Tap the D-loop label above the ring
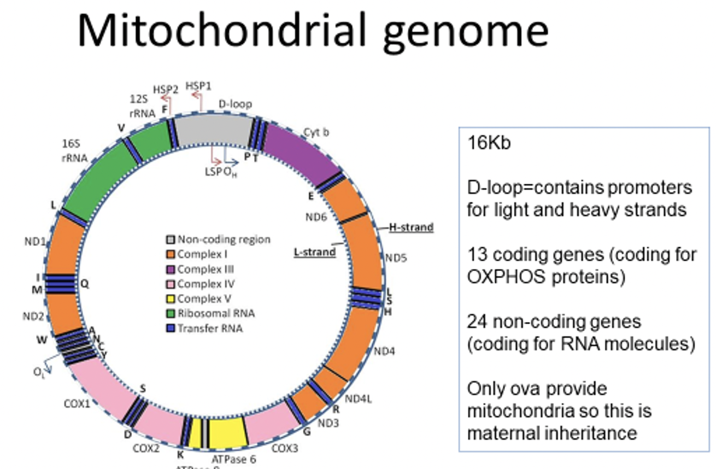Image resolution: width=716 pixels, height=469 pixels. click(235, 104)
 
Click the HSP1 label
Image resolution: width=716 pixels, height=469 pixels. click(198, 85)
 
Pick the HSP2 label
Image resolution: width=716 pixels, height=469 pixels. click(166, 90)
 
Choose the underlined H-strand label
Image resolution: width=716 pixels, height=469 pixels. click(411, 227)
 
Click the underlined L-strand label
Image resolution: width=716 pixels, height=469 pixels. click(314, 253)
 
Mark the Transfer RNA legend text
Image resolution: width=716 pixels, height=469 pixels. click(210, 329)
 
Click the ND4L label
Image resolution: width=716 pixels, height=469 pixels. click(359, 399)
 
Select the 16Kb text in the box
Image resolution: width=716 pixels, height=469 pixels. click(489, 143)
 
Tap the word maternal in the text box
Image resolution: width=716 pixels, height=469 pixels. click(502, 433)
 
